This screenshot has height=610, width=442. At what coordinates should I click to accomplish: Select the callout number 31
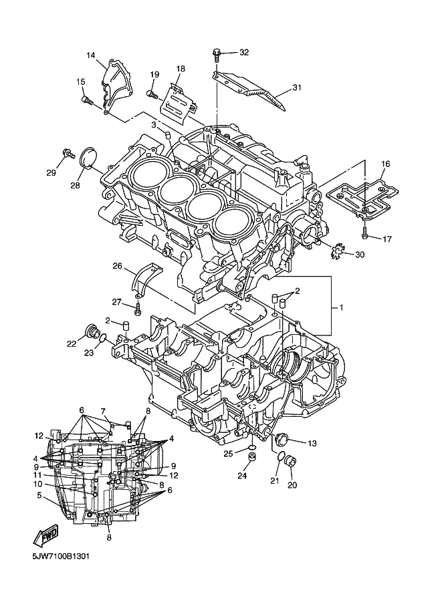click(297, 88)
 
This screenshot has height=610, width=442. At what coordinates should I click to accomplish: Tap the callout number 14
click(91, 55)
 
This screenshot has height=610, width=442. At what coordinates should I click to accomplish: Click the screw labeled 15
click(86, 101)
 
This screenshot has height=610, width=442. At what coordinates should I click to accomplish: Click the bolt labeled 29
click(68, 154)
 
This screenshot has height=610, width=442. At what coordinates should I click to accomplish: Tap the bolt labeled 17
click(365, 234)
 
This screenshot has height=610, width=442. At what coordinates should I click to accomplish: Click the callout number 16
click(386, 164)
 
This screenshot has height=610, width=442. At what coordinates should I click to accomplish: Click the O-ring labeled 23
click(102, 342)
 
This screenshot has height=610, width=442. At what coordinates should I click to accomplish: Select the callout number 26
click(117, 267)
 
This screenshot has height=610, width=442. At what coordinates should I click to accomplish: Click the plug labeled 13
click(281, 439)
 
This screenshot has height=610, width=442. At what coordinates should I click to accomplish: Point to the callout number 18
click(181, 69)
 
